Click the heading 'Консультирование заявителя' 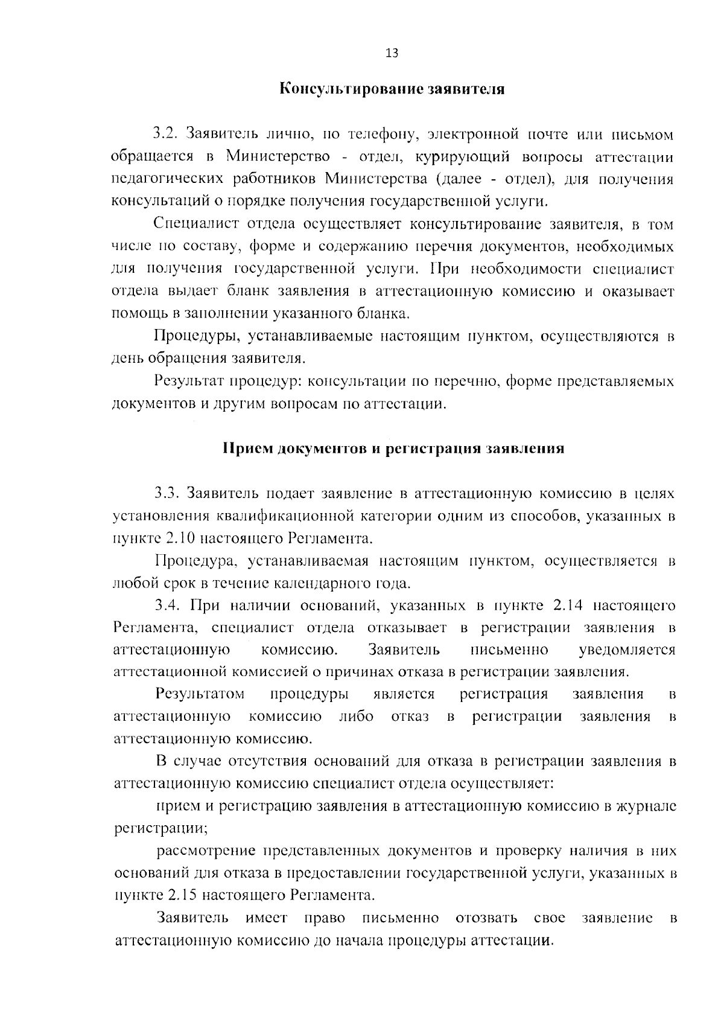click(x=392, y=90)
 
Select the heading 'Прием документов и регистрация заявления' click(x=393, y=449)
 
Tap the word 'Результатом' click(x=200, y=694)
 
